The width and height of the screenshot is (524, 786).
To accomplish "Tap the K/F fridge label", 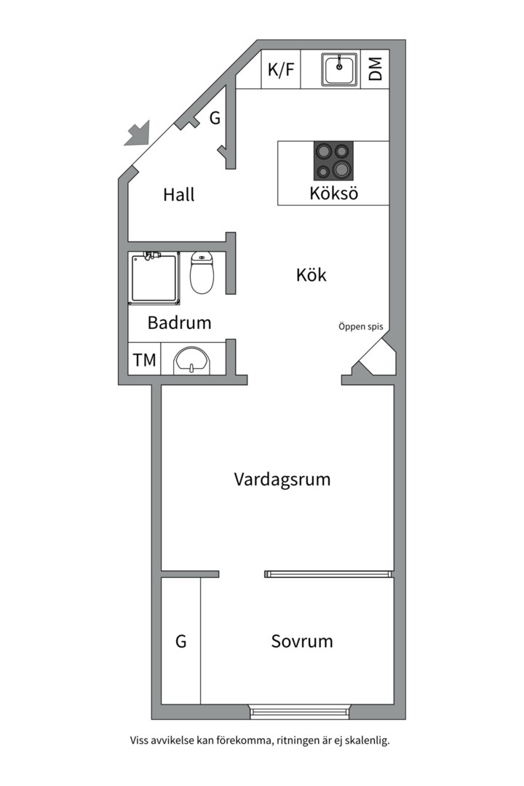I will point(281,70).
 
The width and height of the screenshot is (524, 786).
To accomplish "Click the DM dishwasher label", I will point(375,70).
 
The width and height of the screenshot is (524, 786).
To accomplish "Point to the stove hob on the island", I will point(333,161).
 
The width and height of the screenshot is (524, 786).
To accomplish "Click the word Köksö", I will point(333,194).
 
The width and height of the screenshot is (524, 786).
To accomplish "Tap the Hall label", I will point(178,195).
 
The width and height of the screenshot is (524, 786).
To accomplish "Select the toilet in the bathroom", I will point(202,273).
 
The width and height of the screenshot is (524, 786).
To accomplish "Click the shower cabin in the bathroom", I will point(154,278).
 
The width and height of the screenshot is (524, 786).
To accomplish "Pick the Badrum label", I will point(179,322).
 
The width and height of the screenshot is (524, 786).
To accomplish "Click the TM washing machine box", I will point(144,360).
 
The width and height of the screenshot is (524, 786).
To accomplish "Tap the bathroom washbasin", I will point(191,360).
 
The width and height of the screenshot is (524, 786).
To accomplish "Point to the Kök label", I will point(311,275).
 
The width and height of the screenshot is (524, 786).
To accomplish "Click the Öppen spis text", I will point(360,327).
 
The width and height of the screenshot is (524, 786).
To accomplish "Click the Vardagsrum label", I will point(282,480).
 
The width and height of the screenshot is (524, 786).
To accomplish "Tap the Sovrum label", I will point(301,641).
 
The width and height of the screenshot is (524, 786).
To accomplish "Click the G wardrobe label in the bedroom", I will point(180,641).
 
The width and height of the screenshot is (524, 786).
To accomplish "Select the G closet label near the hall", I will point(215,118).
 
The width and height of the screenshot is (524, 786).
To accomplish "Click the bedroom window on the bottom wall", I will point(299,711).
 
